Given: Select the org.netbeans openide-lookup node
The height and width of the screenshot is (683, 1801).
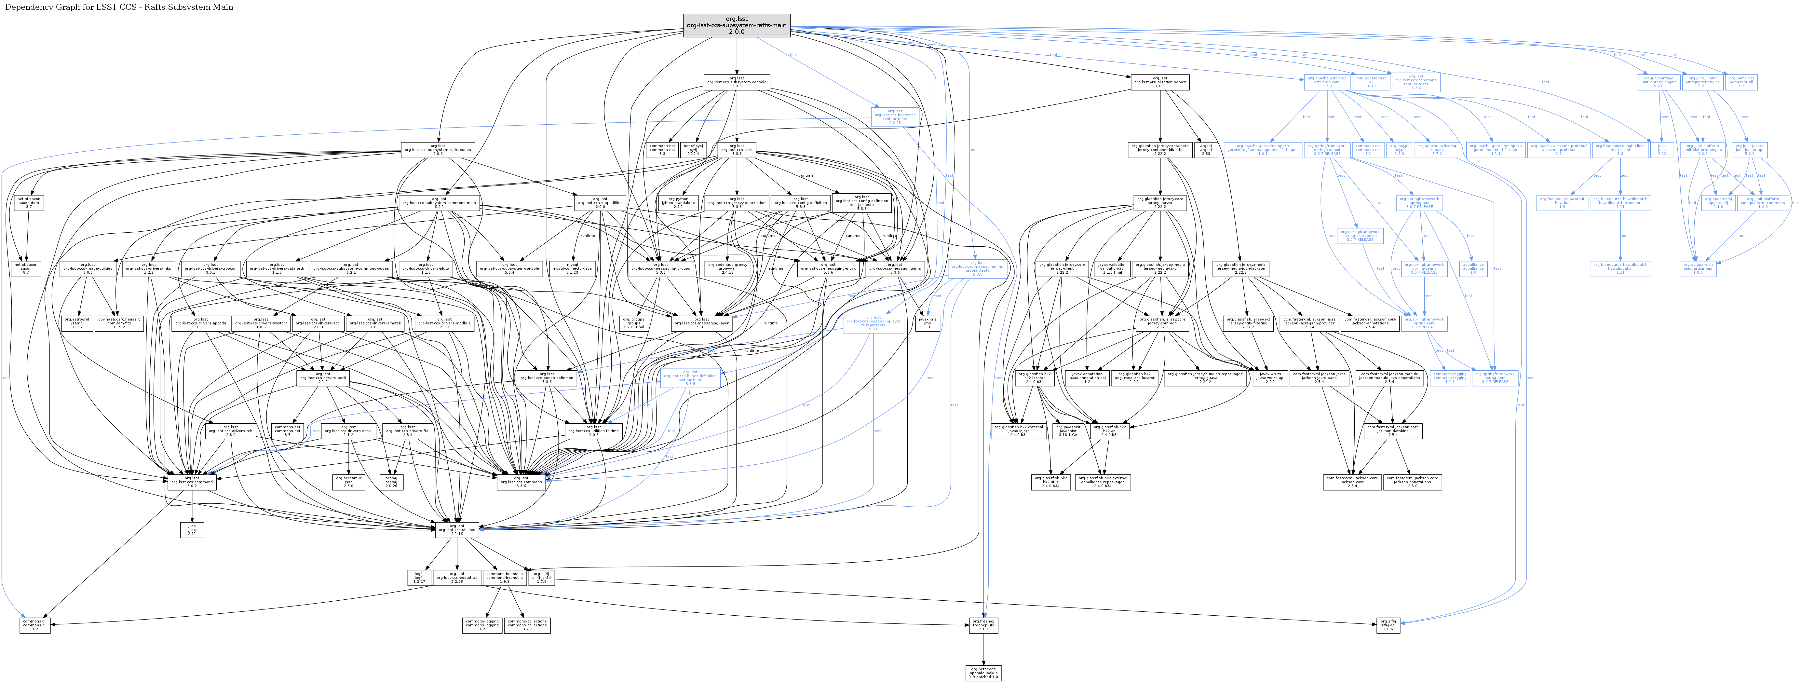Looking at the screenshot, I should (984, 673).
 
